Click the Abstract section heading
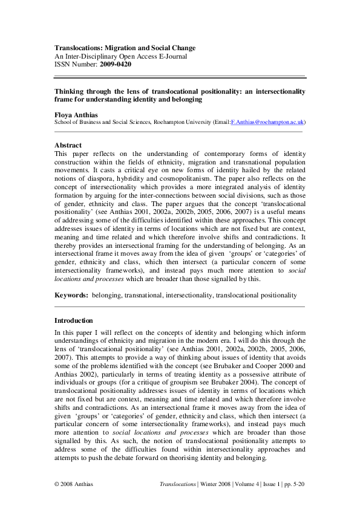(x=68, y=145)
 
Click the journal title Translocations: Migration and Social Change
(x=134, y=48)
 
